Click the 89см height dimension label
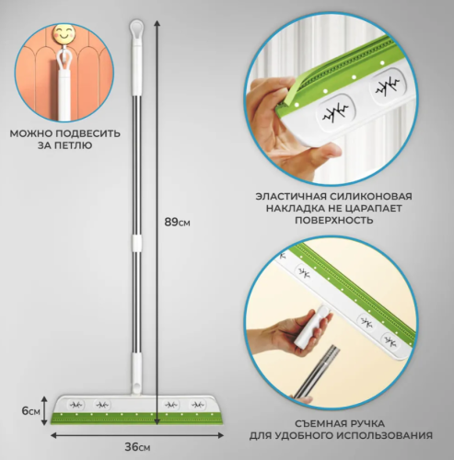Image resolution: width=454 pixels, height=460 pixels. pyautogui.click(x=177, y=222)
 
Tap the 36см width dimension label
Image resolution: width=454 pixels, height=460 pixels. pyautogui.click(x=137, y=447)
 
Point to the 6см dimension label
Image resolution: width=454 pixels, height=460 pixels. pyautogui.click(x=31, y=411)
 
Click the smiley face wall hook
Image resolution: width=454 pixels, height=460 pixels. pyautogui.click(x=64, y=34)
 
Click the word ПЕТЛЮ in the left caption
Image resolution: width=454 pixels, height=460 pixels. pyautogui.click(x=74, y=145)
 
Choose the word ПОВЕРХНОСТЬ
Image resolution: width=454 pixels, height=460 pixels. pyautogui.click(x=334, y=220)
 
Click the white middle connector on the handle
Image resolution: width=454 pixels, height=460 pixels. pyautogui.click(x=136, y=244)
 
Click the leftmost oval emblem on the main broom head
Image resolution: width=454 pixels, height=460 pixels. pyautogui.click(x=76, y=405)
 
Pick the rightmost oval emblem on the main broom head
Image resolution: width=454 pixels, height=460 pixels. pyautogui.click(x=197, y=405)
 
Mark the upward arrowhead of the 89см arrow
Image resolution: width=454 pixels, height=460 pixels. pyautogui.click(x=157, y=24)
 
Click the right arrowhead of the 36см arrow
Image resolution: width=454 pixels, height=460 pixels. pyautogui.click(x=220, y=435)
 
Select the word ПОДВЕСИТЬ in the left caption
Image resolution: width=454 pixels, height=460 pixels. pyautogui.click(x=88, y=133)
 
